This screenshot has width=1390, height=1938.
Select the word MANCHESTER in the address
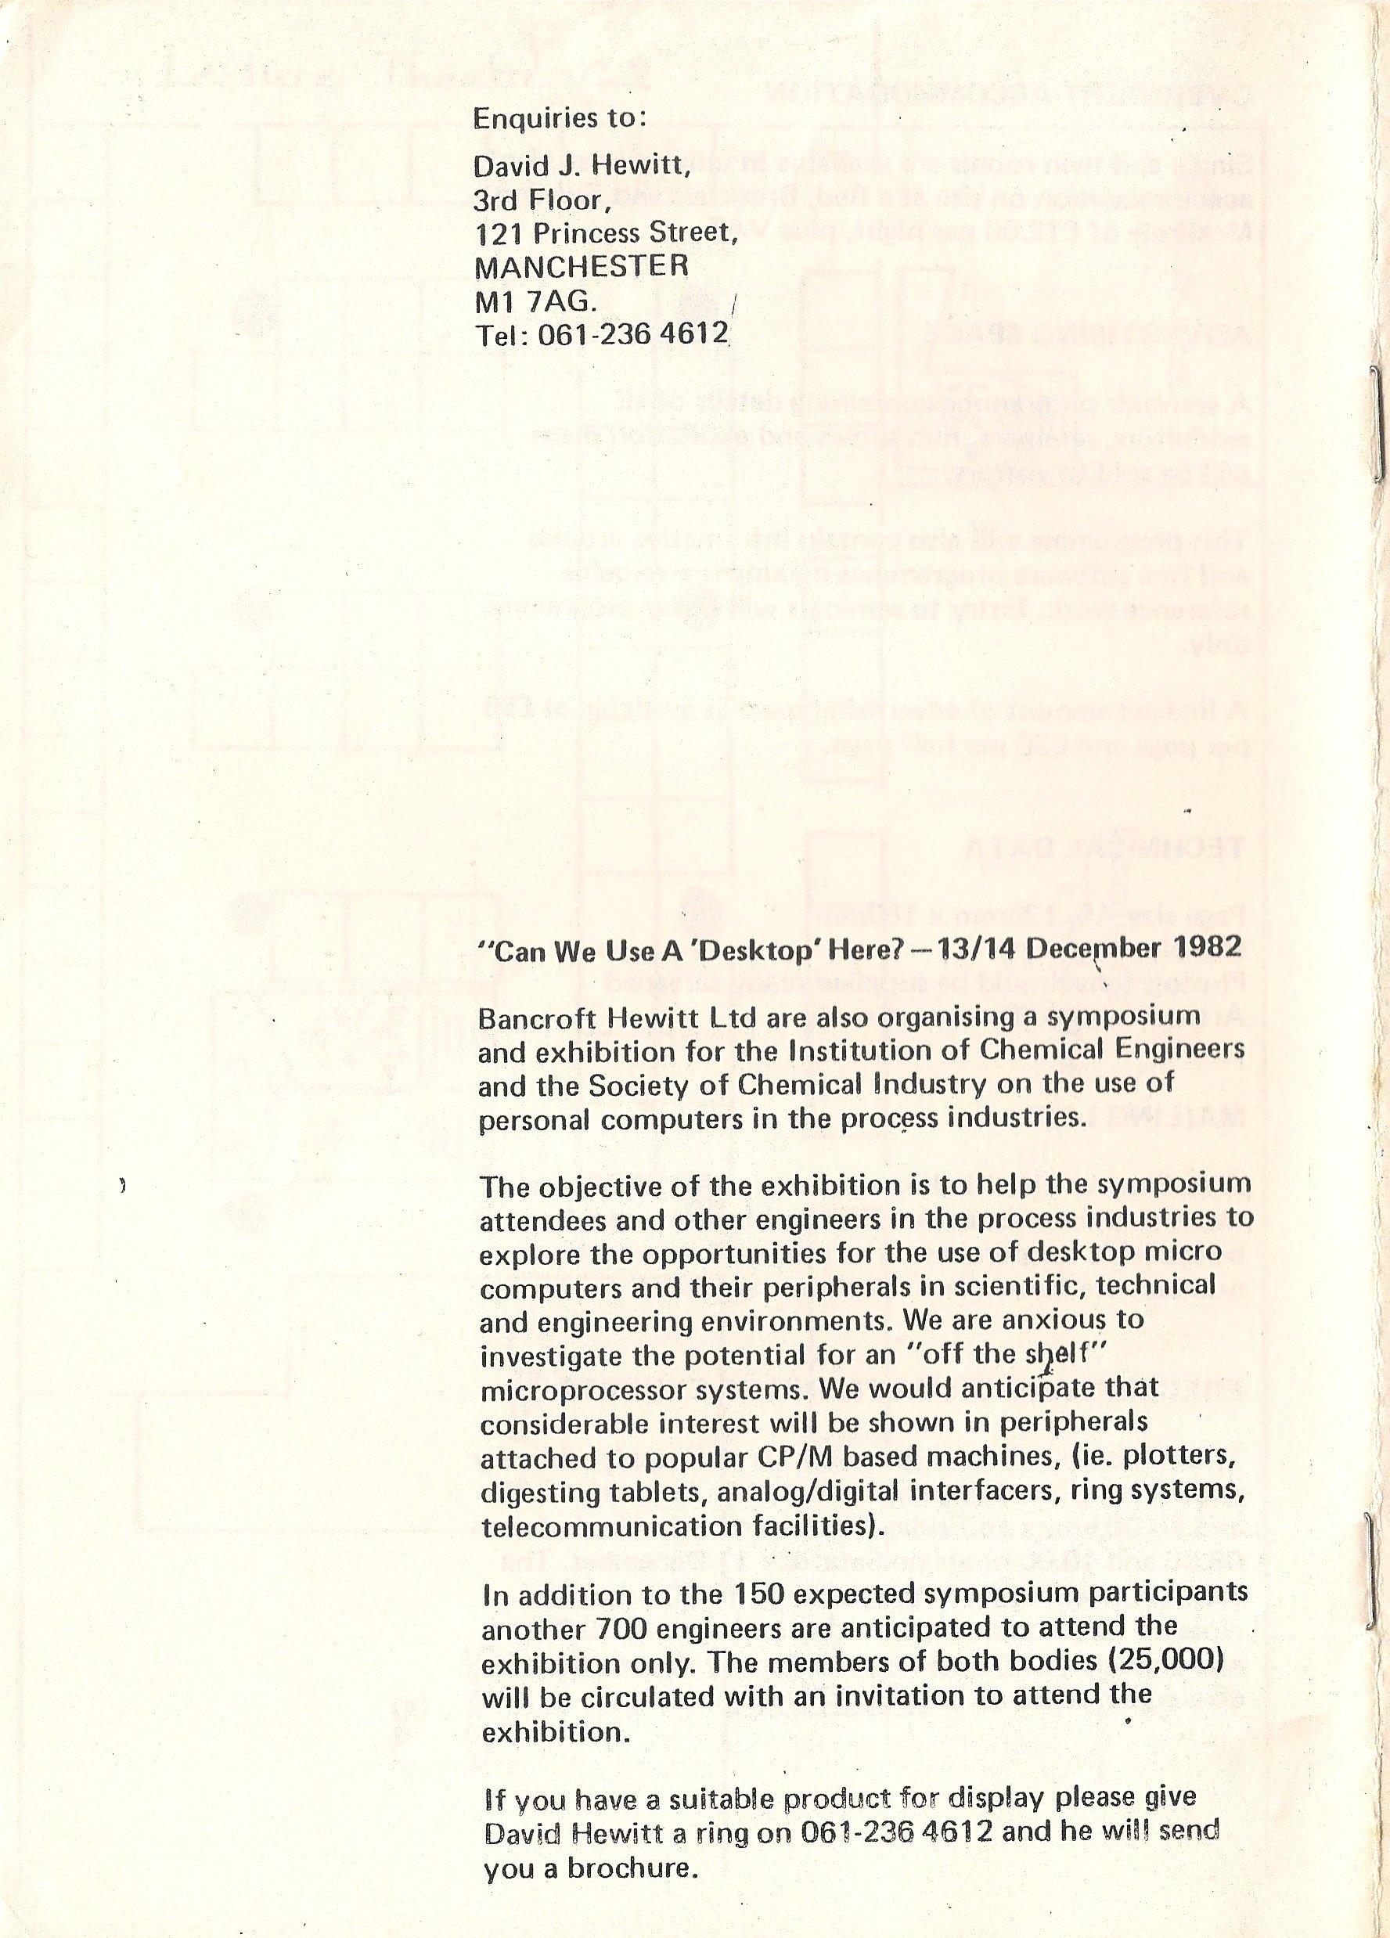(581, 266)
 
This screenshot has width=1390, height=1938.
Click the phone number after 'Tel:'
(632, 333)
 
